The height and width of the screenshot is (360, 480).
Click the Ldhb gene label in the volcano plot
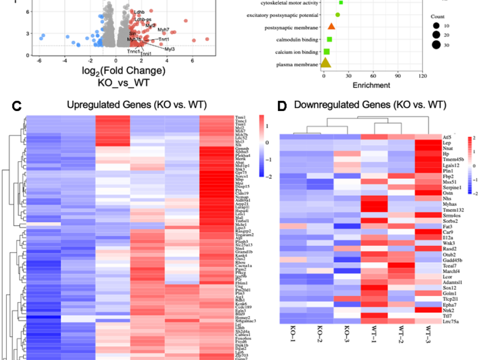point(140,11)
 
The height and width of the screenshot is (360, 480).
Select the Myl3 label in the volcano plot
point(170,49)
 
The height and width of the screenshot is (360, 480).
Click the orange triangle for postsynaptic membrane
point(331,27)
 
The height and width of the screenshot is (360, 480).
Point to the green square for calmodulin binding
point(329,40)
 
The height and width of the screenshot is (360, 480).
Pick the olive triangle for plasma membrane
point(325,62)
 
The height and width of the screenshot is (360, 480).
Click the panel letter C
point(17,106)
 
